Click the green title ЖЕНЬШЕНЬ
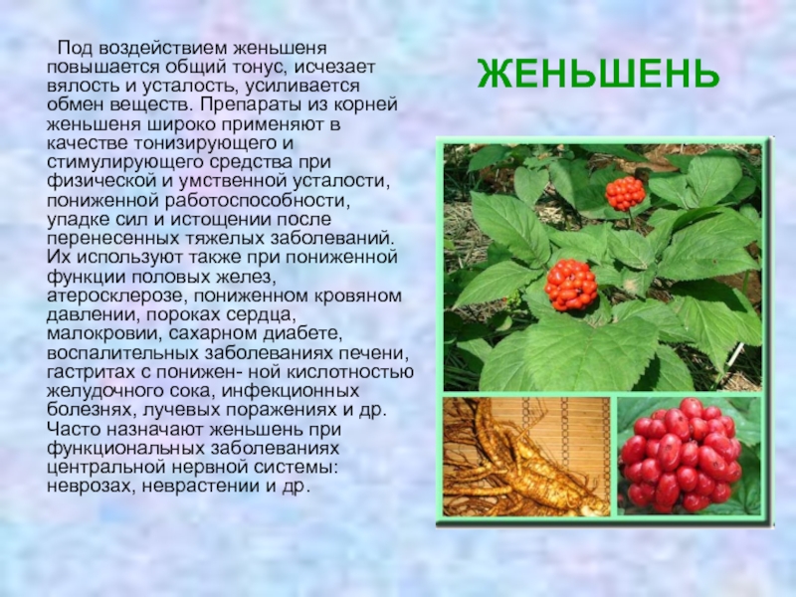point(599,74)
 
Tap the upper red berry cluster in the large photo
point(625,193)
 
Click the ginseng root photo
point(526,457)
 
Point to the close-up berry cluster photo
point(690,457)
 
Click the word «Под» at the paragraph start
point(76,49)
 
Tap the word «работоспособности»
point(257,201)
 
